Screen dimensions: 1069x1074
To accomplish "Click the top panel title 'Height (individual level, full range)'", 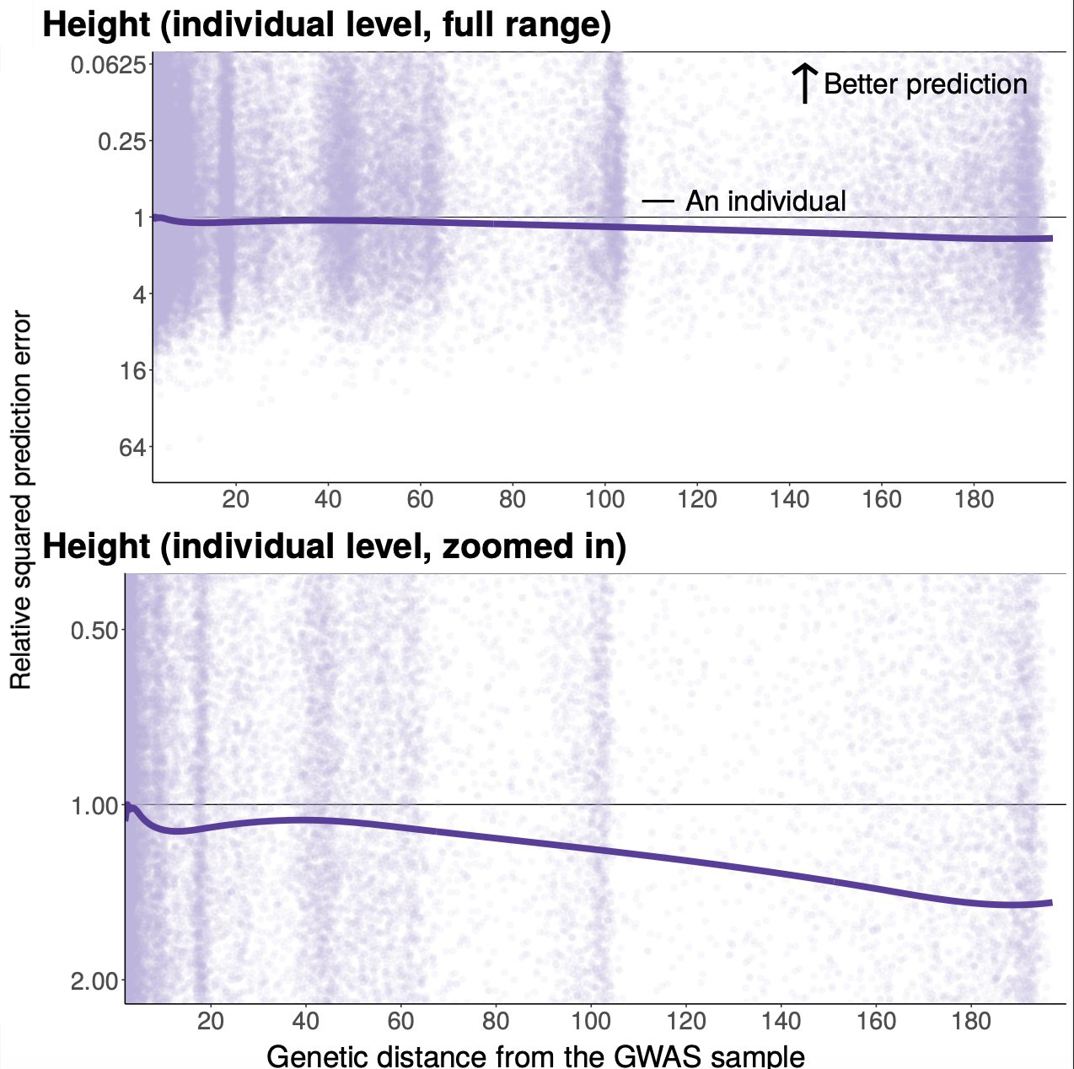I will [x=326, y=25].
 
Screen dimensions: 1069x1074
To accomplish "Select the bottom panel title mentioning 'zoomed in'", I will [x=334, y=546].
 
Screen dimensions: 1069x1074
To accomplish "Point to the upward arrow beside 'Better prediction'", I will [x=805, y=83].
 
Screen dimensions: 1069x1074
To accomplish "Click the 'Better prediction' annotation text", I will [x=925, y=84].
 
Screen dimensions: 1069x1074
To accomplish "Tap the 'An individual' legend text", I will [x=765, y=201].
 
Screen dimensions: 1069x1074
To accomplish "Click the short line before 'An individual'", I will [x=658, y=201].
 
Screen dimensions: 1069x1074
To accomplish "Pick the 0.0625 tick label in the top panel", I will [x=108, y=65].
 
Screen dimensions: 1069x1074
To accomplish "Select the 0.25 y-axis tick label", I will [x=121, y=141].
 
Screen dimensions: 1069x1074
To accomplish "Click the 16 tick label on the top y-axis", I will [x=130, y=370].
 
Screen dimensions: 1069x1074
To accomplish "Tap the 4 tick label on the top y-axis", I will [x=137, y=294].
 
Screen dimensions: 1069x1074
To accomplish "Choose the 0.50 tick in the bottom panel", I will [x=94, y=630].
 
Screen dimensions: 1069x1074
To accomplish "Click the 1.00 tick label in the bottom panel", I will [x=94, y=805].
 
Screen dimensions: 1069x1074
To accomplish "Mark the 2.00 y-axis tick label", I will [x=94, y=980].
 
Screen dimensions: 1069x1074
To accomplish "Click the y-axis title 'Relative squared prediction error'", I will [x=21, y=501].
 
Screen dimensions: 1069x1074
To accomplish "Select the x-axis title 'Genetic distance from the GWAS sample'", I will [x=535, y=1056].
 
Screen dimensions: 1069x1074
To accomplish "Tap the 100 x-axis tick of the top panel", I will [x=604, y=499].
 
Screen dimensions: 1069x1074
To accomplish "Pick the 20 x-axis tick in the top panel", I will [x=235, y=499].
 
